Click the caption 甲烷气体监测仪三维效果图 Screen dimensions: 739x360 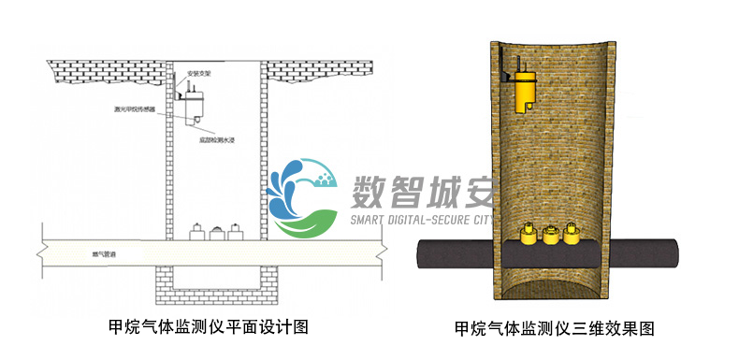click(x=553, y=328)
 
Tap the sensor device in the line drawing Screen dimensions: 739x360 click(x=196, y=99)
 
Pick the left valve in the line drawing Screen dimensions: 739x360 click(x=196, y=232)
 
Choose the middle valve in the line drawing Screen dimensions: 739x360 click(x=215, y=232)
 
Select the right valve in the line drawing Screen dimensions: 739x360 click(x=234, y=232)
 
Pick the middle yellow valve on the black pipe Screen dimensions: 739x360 click(x=549, y=234)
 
